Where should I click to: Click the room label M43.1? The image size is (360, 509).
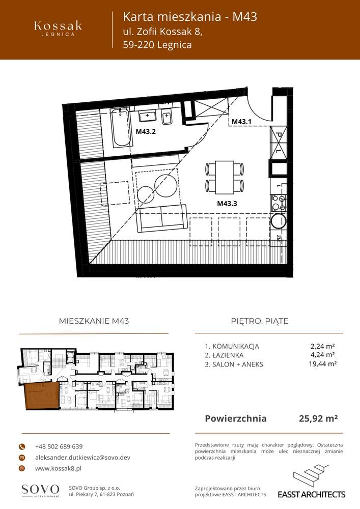pyautogui.click(x=242, y=122)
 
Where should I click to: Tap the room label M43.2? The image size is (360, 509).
pyautogui.click(x=145, y=131)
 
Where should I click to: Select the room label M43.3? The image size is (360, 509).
pyautogui.click(x=228, y=204)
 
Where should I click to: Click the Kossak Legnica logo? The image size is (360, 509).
pyautogui.click(x=58, y=28)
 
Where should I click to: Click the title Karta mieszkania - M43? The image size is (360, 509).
pyautogui.click(x=190, y=17)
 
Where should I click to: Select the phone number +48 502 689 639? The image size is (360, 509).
pyautogui.click(x=59, y=446)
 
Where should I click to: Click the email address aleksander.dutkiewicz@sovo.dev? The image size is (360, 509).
pyautogui.click(x=82, y=458)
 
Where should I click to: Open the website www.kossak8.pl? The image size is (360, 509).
pyautogui.click(x=59, y=468)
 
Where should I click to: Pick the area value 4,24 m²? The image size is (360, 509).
pyautogui.click(x=322, y=355)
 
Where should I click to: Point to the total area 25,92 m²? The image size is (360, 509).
pyautogui.click(x=318, y=419)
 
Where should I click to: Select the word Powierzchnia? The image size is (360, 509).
pyautogui.click(x=235, y=419)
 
